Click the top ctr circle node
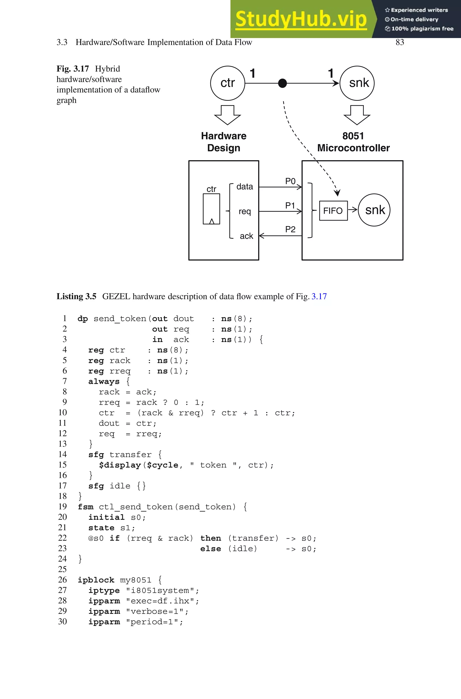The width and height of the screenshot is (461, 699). click(228, 83)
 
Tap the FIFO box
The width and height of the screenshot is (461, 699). click(333, 211)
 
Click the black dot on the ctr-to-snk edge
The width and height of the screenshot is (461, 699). click(282, 83)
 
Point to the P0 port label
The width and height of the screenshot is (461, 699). click(290, 181)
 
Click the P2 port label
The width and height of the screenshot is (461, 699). click(290, 229)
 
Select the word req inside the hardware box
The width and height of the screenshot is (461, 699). click(245, 211)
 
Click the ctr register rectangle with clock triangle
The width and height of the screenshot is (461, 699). click(211, 209)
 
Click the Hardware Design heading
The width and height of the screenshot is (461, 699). click(224, 142)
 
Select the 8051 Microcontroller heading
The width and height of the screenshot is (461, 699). click(353, 142)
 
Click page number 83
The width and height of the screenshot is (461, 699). click(400, 42)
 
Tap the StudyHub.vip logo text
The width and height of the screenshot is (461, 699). click(301, 19)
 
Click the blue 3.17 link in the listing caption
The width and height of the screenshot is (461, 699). click(319, 296)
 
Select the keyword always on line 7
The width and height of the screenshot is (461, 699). click(104, 382)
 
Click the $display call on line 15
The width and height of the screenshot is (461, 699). click(120, 465)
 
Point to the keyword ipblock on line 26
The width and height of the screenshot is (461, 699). click(96, 580)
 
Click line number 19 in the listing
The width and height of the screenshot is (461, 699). click(62, 507)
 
